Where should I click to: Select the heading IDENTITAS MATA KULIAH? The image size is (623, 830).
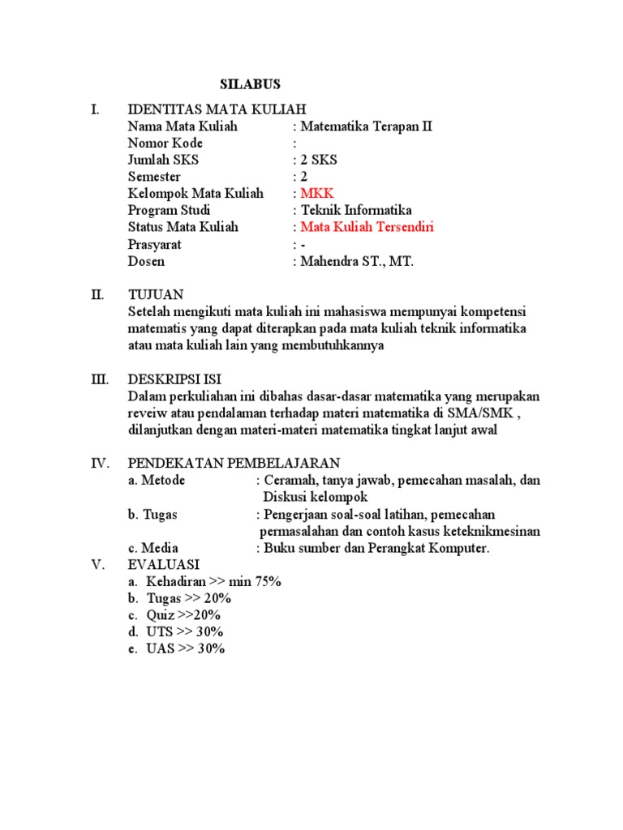click(x=217, y=109)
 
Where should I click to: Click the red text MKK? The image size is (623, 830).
click(x=316, y=194)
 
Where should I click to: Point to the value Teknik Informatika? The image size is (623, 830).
click(x=356, y=211)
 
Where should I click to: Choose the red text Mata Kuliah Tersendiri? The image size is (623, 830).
click(x=363, y=227)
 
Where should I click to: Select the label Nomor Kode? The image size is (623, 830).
click(x=161, y=143)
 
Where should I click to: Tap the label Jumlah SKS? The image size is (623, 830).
click(x=163, y=160)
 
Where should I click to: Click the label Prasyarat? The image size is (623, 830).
click(x=155, y=244)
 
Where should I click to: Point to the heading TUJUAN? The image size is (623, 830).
click(x=156, y=294)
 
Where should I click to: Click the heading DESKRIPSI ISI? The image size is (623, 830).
click(x=174, y=379)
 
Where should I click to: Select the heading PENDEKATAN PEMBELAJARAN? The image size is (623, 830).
click(x=234, y=464)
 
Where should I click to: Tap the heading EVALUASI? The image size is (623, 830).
click(x=164, y=565)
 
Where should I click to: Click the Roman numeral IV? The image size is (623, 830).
click(x=100, y=464)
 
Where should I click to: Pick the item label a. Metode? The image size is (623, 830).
click(x=157, y=481)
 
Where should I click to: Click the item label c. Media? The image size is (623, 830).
click(x=153, y=548)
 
